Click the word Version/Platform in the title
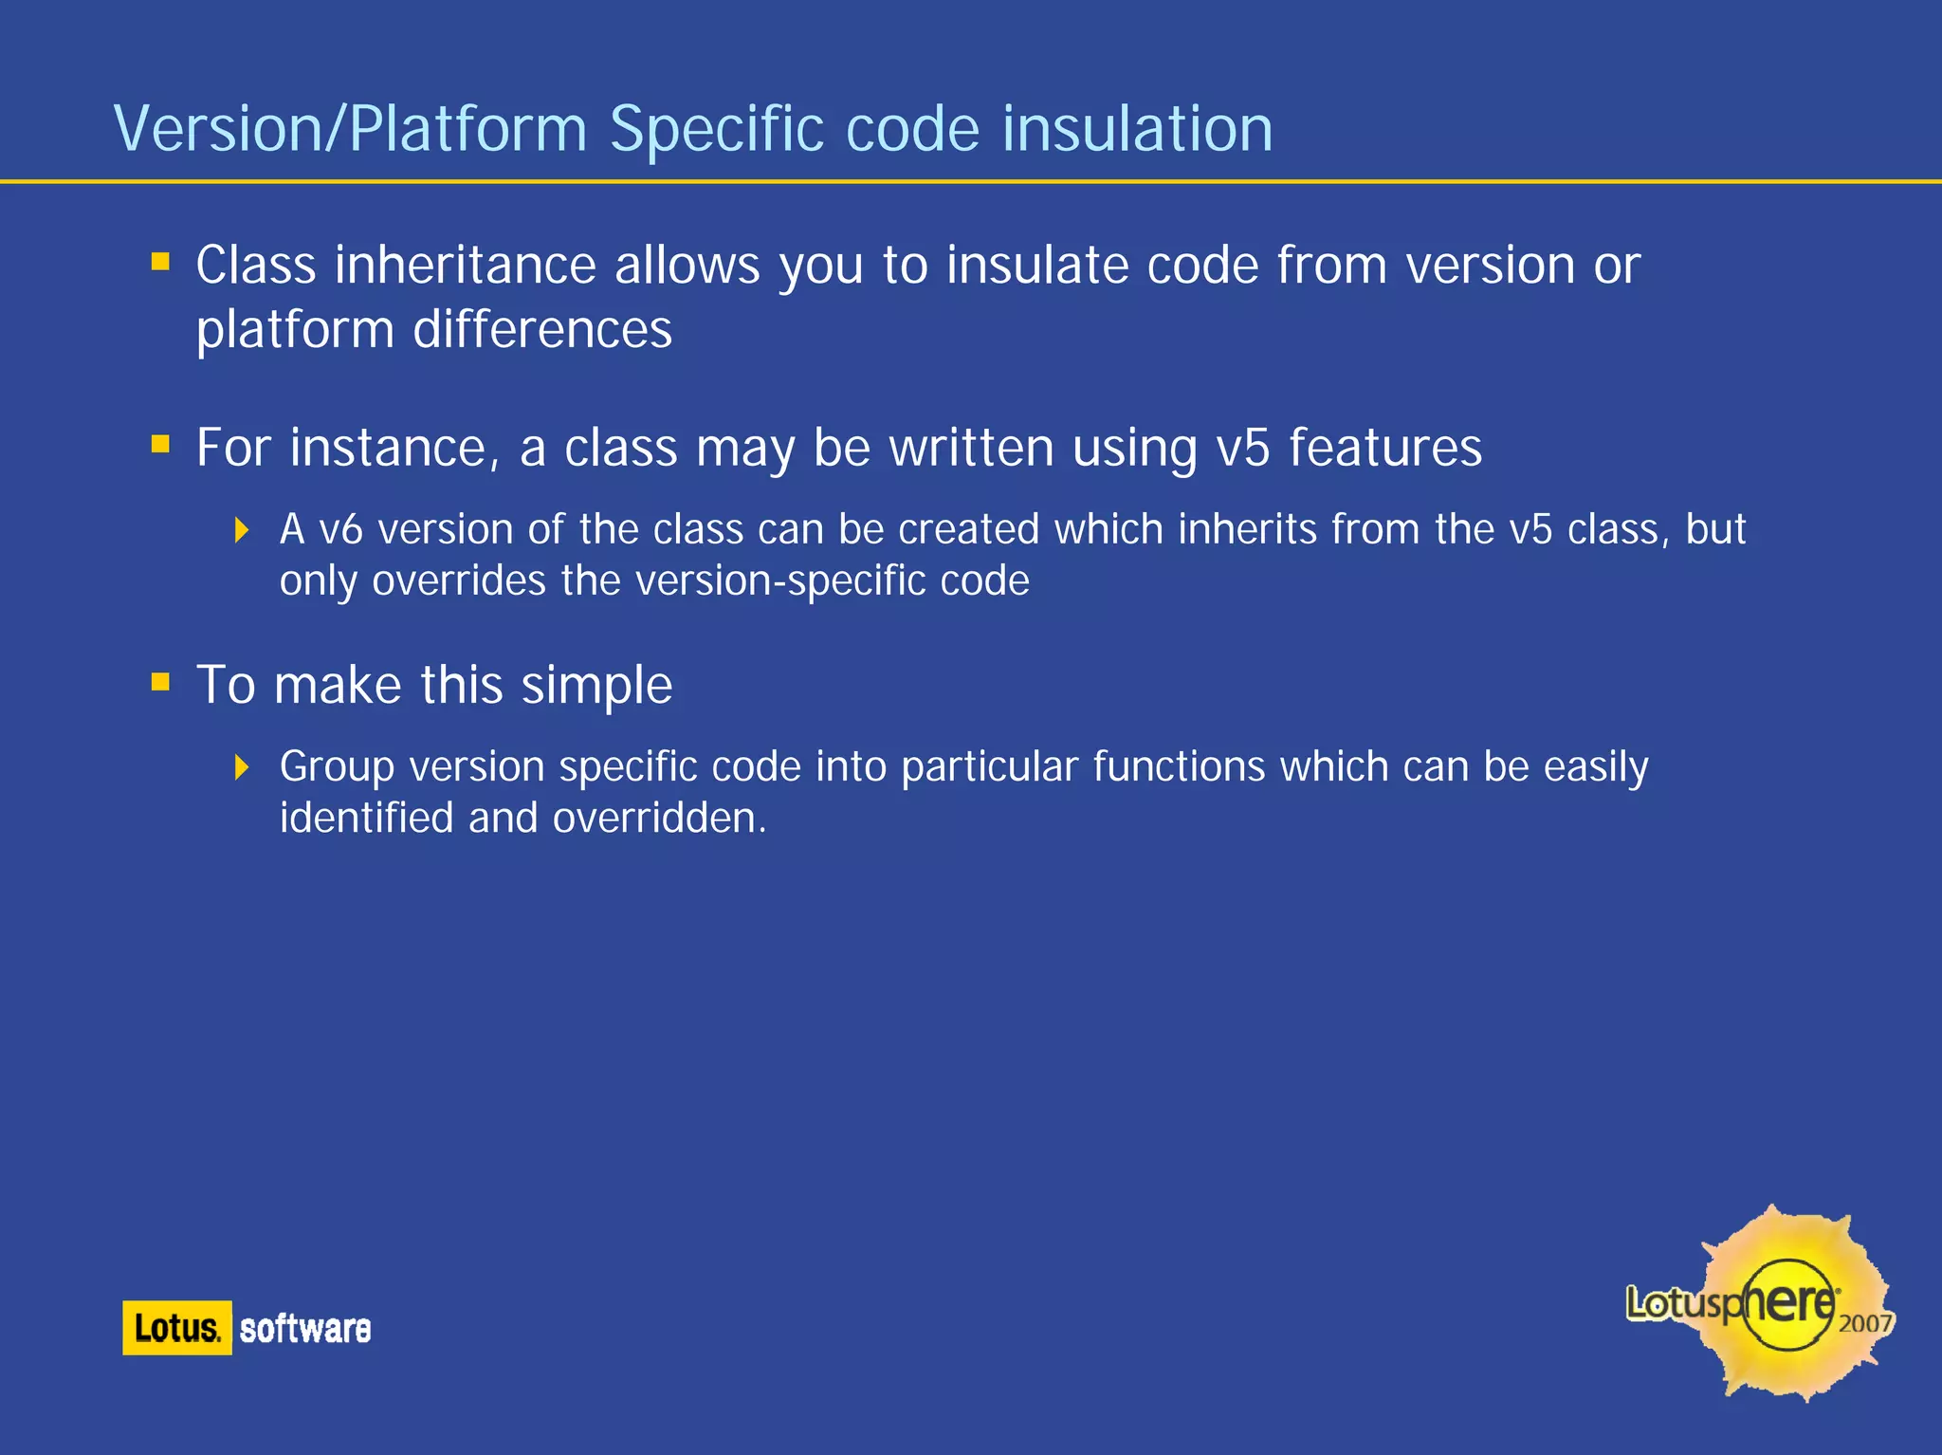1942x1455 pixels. [350, 129]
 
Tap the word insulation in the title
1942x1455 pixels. [1137, 129]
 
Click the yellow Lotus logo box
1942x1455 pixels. [176, 1327]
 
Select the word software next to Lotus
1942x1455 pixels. [304, 1329]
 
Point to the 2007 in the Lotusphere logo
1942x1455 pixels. [1864, 1323]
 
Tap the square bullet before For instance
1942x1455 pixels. [160, 444]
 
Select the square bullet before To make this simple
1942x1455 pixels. [160, 681]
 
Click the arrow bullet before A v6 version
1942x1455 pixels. [242, 529]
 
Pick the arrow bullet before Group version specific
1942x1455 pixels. [242, 766]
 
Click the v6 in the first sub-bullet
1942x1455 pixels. [340, 529]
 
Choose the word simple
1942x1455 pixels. [596, 685]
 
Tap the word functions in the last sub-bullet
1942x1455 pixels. [1178, 766]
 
